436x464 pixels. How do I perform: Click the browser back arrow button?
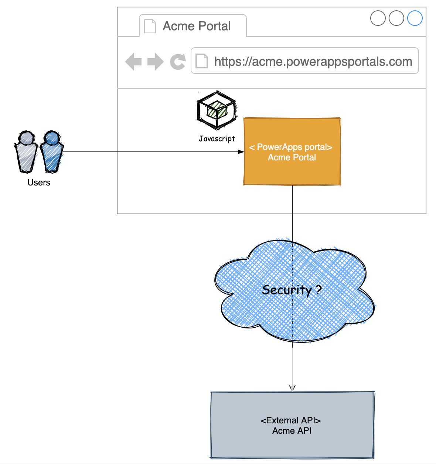click(x=133, y=61)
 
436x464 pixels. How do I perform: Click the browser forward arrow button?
click(x=155, y=61)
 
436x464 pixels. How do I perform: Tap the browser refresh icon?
click(x=178, y=61)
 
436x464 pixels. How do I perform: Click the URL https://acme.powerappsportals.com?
click(x=313, y=61)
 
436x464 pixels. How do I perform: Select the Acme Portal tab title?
click(x=197, y=26)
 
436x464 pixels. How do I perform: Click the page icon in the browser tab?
click(x=150, y=26)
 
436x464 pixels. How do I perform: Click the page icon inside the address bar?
click(x=202, y=61)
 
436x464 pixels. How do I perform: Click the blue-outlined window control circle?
click(x=415, y=18)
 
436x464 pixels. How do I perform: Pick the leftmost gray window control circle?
click(x=378, y=18)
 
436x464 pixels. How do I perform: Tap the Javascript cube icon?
click(x=217, y=110)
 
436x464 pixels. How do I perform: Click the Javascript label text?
click(x=217, y=139)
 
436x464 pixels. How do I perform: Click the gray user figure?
click(x=26, y=152)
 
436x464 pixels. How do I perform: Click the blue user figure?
click(x=51, y=152)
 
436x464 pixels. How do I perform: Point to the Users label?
click(x=39, y=182)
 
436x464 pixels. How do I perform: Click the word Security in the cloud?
click(x=287, y=290)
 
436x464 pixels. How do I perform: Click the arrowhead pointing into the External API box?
click(x=292, y=388)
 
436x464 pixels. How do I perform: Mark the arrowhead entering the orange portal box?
click(x=241, y=152)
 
